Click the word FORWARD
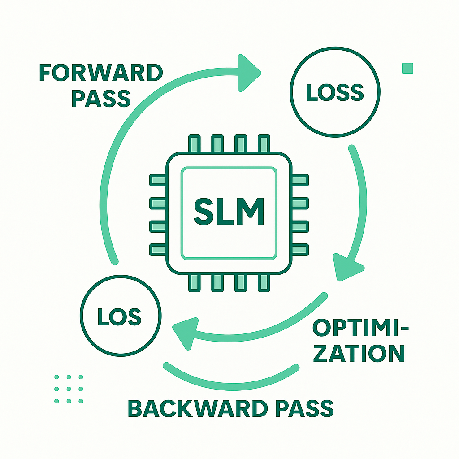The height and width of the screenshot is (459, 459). [x=101, y=73]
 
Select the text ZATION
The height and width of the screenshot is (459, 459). [x=359, y=354]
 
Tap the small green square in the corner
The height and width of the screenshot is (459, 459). [x=407, y=68]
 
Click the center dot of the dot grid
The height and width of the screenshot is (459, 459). [x=69, y=389]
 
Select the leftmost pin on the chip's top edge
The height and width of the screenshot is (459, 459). [x=195, y=143]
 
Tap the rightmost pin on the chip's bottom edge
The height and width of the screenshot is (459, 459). [x=263, y=281]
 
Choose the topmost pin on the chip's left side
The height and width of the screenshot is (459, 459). [x=157, y=181]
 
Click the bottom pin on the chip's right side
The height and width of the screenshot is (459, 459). [x=299, y=249]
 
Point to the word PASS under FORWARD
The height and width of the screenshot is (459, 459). [x=100, y=98]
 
